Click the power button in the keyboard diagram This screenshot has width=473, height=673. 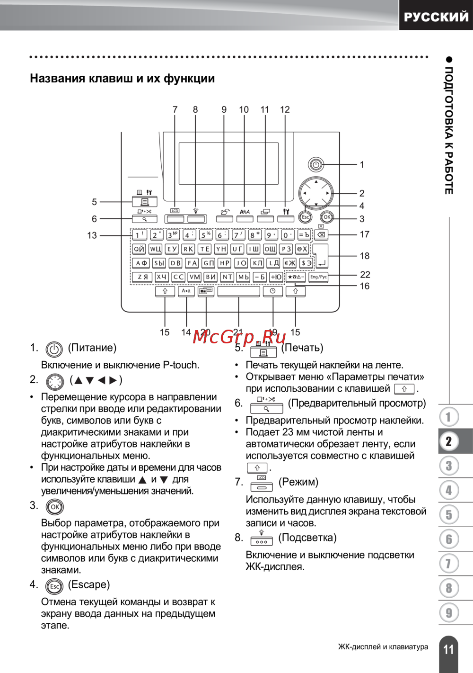(316, 165)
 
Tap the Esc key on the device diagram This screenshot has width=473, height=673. (305, 217)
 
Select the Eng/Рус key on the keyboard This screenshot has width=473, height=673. (318, 277)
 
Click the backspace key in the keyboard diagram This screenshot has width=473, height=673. (321, 235)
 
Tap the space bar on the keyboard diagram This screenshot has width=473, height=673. (239, 291)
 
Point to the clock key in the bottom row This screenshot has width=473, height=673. (272, 291)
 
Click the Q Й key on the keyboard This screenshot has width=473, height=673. (139, 249)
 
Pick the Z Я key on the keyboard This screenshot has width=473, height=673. (142, 277)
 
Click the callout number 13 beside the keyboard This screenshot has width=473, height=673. (92, 235)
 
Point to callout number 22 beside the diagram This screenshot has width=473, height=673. (365, 275)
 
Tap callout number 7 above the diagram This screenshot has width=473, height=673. (175, 109)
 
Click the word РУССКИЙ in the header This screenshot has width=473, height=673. (436, 17)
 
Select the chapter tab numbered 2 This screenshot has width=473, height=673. (449, 441)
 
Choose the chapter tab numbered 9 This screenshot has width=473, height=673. (449, 613)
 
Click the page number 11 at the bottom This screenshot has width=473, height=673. (448, 649)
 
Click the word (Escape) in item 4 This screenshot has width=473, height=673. (89, 584)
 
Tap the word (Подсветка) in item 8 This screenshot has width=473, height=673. (307, 538)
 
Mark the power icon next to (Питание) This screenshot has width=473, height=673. (54, 350)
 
